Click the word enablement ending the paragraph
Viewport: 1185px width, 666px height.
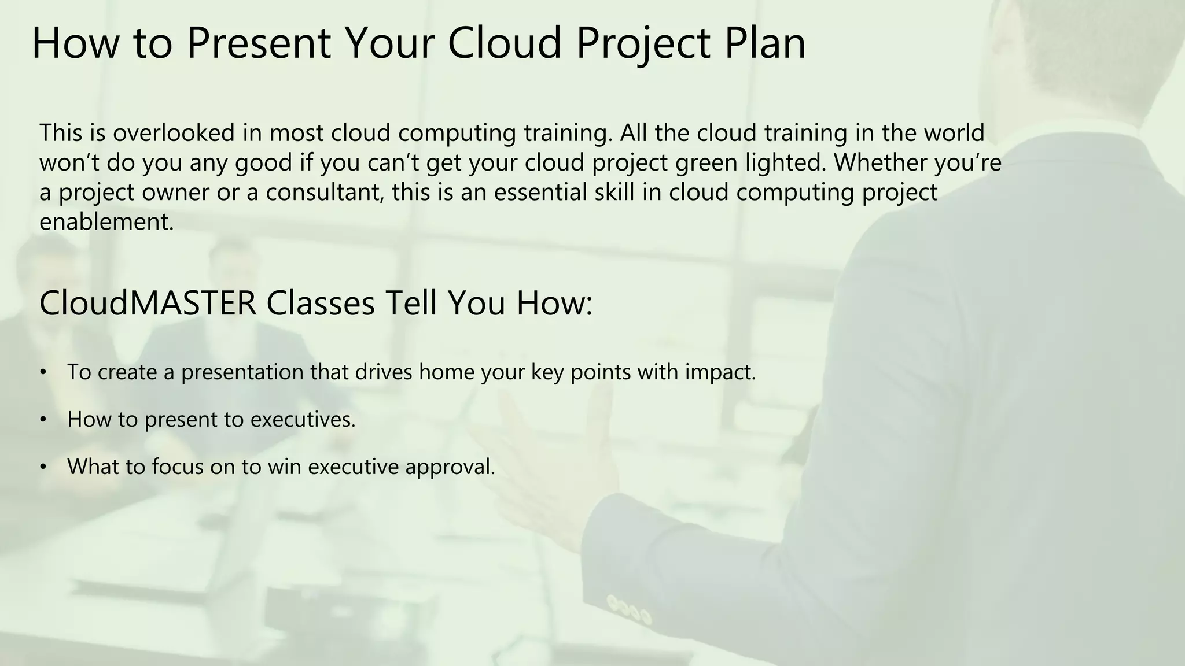106,221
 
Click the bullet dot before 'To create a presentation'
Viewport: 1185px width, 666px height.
43,372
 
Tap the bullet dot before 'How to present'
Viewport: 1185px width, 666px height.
43,420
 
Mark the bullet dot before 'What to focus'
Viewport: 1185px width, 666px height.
43,467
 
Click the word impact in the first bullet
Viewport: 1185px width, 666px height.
720,372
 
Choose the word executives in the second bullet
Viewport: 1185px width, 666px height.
303,420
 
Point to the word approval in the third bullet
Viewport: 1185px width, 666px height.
450,467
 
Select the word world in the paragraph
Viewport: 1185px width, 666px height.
954,133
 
